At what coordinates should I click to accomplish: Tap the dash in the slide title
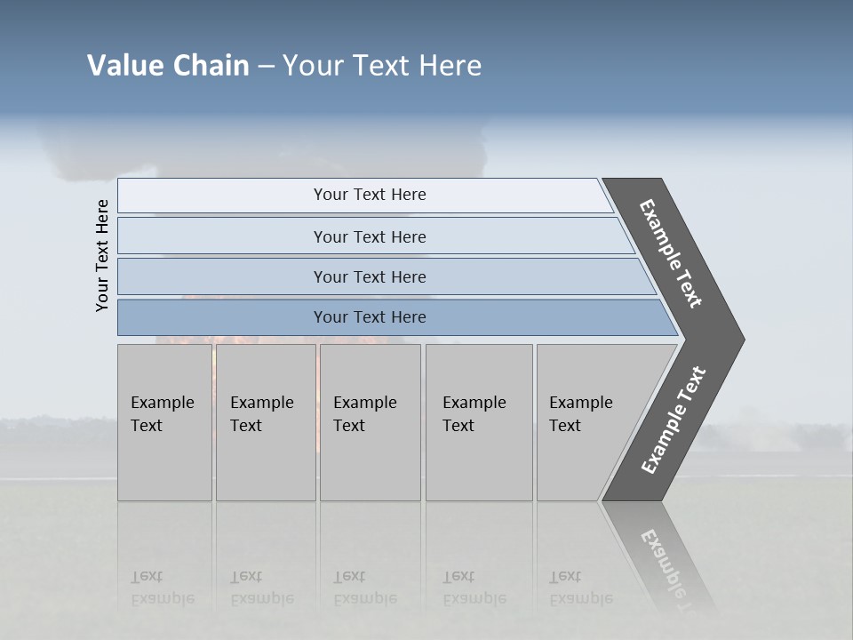266,67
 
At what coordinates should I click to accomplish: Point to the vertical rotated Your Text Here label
102,255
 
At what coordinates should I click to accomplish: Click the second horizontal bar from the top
369,236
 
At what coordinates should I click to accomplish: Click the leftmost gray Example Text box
164,421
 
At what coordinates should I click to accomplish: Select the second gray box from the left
266,421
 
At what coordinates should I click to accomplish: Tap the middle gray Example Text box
370,421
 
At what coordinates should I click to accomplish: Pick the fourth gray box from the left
479,421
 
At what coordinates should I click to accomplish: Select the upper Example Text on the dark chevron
671,253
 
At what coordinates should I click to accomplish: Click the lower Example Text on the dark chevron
673,420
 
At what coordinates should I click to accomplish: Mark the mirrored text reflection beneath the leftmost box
163,588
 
